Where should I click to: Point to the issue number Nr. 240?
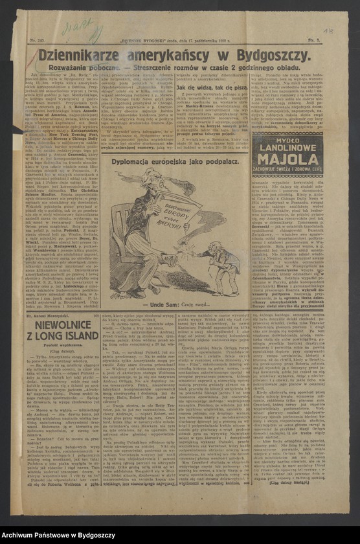point(38,40)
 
